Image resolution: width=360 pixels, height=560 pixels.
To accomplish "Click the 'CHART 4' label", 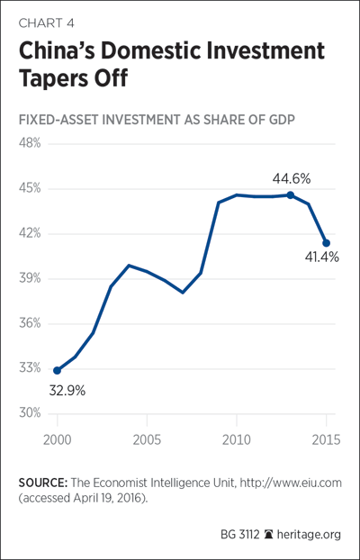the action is pos(47,23).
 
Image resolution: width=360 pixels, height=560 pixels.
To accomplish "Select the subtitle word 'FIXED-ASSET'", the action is pos(59,121).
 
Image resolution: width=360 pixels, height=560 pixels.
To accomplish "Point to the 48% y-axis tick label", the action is pos(30,144).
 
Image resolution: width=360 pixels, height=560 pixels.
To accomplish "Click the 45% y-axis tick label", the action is pos(30,189).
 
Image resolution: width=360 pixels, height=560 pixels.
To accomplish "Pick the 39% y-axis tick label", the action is pos(30,279).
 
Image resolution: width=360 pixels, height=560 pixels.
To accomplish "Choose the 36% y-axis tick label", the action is pos(30,324).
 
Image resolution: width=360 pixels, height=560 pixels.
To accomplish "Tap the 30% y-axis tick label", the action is pos(30,414).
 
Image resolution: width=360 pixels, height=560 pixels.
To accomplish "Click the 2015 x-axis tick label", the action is pos(326,439).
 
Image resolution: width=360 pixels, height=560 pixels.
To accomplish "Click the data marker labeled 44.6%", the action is pos(291,195).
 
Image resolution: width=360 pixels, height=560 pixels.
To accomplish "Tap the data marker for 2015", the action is pos(326,243).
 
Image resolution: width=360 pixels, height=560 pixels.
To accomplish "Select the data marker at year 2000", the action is pos(57,370).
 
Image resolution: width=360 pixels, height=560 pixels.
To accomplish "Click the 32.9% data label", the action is pos(67,391).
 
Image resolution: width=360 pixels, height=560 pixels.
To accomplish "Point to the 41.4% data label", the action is pos(322,257).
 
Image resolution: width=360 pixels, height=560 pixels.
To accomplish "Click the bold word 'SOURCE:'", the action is pos(43,483).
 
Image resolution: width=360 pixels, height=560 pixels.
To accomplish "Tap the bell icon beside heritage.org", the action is pos(268,535).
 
